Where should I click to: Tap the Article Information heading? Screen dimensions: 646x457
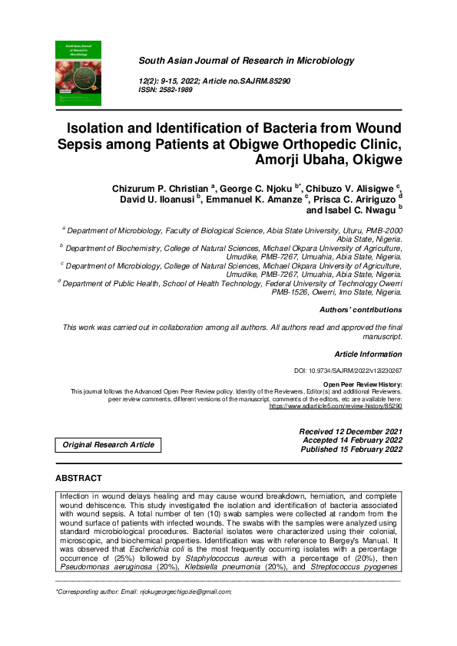368,354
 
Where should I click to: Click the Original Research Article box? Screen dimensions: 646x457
108,445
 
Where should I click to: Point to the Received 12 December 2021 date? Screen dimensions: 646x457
350,432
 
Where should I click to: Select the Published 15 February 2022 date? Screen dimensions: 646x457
350,450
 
